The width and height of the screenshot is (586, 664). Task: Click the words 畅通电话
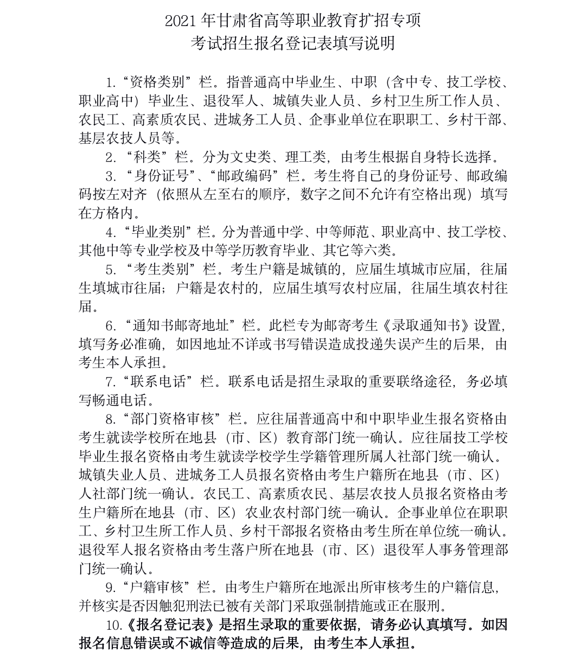click(119, 401)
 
